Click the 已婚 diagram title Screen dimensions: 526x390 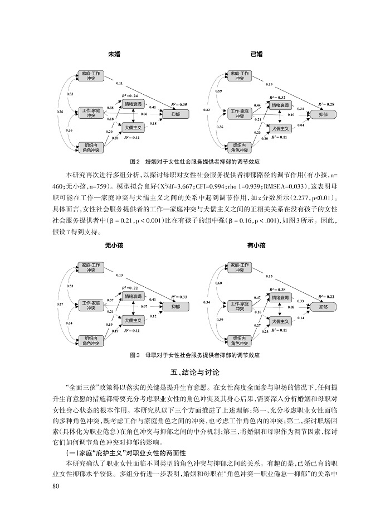pyautogui.click(x=257, y=54)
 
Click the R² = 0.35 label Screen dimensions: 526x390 pyautogui.click(x=179, y=104)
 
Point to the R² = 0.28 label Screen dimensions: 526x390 pyautogui.click(x=326, y=104)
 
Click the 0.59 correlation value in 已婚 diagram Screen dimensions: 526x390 pyautogui.click(x=219, y=91)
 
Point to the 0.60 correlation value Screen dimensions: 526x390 pyautogui.click(x=219, y=283)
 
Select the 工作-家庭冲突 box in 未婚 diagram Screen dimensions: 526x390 pyautogui.click(x=91, y=113)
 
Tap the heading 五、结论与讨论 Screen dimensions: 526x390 pyautogui.click(x=194, y=371)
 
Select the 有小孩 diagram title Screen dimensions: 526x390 pyautogui.click(x=257, y=245)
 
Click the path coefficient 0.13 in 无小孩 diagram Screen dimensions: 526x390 pyautogui.click(x=119, y=275)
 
